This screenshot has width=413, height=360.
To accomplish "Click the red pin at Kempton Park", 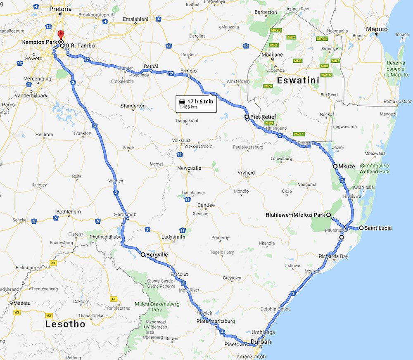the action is (61, 34).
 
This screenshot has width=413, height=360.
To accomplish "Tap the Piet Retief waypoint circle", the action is (247, 117).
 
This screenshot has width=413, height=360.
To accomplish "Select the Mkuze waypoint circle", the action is (336, 166).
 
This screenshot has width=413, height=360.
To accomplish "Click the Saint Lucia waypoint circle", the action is (361, 228).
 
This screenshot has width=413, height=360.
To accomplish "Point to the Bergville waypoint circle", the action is (143, 255).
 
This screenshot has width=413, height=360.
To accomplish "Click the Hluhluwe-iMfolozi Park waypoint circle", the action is (328, 215).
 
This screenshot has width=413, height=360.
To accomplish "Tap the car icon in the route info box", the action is (181, 101).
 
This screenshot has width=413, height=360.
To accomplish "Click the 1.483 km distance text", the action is (188, 107).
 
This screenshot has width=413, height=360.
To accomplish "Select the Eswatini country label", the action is (299, 81).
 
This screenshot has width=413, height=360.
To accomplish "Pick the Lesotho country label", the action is (65, 324).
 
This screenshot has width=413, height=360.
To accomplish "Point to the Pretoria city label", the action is (60, 9).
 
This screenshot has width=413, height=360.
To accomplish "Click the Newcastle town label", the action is (189, 168).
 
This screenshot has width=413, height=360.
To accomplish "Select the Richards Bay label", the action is (334, 256).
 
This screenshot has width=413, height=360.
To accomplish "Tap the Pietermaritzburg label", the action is (216, 321).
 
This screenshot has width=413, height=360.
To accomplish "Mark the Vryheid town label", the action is (246, 173).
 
